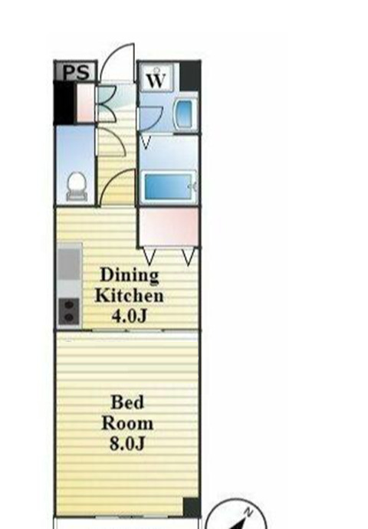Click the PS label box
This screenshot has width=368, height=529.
(76, 71)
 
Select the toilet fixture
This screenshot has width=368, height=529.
(77, 186)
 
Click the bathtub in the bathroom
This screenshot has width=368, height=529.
(169, 186)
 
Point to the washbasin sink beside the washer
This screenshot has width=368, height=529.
(186, 113)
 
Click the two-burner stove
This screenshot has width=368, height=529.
(69, 311)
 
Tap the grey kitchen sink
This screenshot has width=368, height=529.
(70, 264)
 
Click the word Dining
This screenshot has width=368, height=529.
(130, 275)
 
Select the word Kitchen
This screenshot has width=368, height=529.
(130, 295)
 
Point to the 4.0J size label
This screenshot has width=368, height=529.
(130, 316)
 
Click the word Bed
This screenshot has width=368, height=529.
(127, 402)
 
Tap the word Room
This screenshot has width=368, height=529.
(127, 423)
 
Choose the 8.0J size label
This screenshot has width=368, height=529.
(127, 443)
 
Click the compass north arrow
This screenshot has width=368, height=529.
(242, 521)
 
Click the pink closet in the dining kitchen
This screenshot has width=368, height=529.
(169, 227)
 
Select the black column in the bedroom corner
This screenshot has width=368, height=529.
(192, 507)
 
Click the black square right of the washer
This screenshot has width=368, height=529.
(190, 76)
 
